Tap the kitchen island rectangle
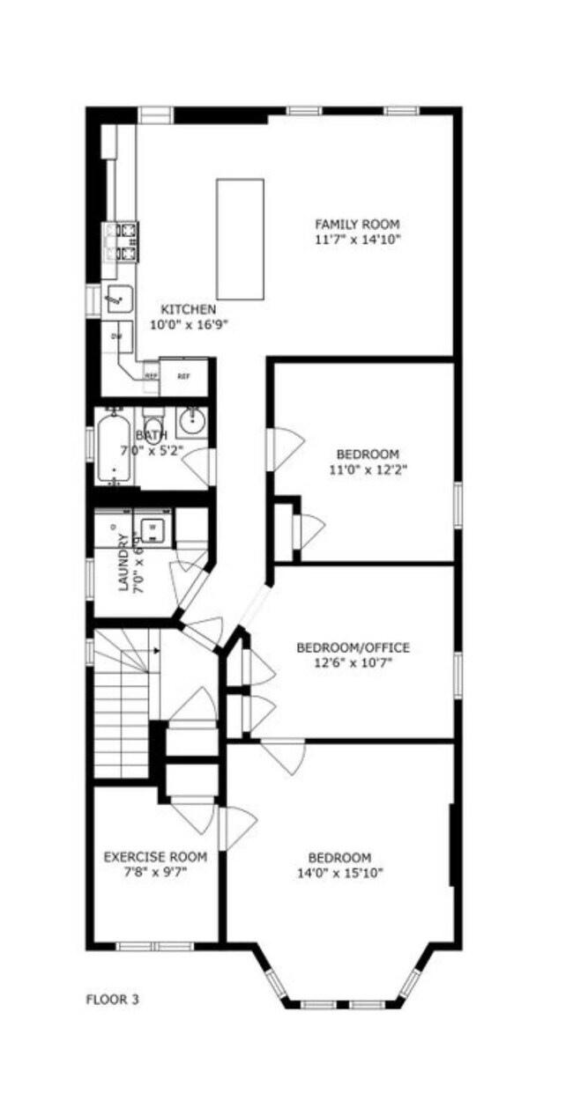tap(240, 239)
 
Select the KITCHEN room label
tap(188, 309)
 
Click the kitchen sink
tap(118, 299)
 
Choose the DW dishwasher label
tap(115, 336)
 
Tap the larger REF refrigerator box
tap(183, 376)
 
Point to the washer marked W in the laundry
tap(153, 528)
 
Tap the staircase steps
tap(122, 705)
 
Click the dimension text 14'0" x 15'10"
tap(339, 873)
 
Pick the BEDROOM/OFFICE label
tap(353, 648)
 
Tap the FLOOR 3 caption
tap(112, 999)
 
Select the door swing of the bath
tap(199, 465)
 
